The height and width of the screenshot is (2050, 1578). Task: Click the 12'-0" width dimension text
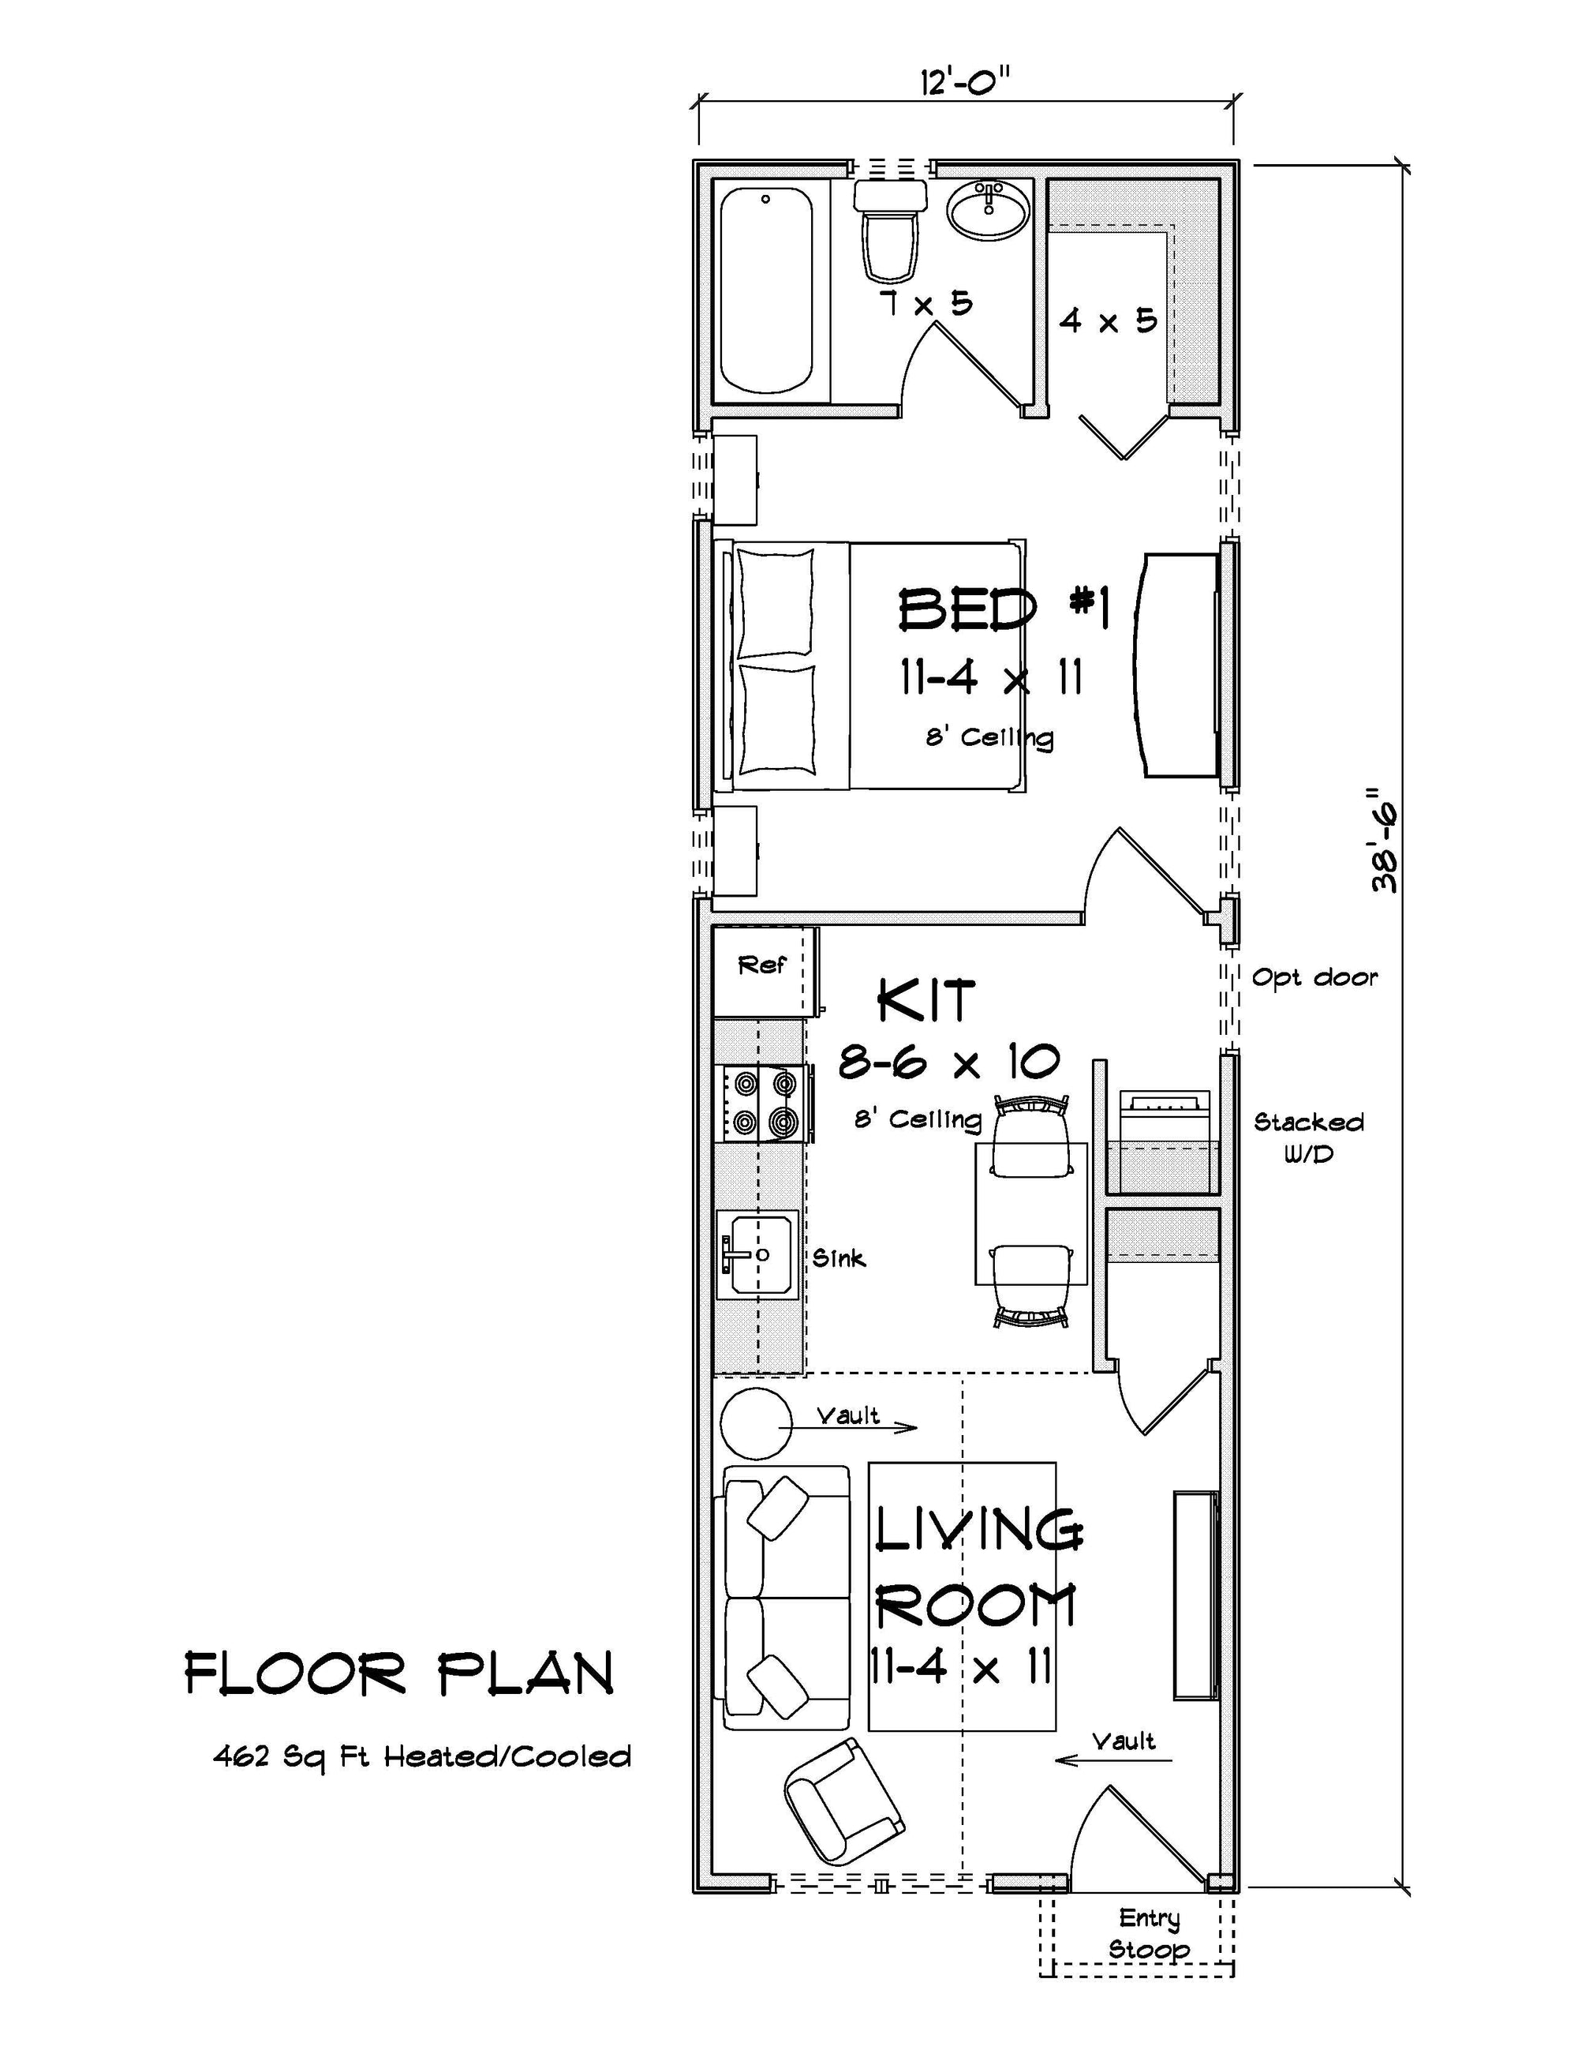(x=966, y=83)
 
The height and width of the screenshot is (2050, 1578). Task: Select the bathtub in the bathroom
(x=765, y=291)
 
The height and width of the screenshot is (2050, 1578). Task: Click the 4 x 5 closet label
(x=1107, y=321)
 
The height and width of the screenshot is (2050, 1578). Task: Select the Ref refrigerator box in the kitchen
(x=762, y=972)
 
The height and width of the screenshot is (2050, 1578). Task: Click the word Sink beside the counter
(x=838, y=1257)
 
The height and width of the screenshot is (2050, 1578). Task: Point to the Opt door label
(x=1314, y=978)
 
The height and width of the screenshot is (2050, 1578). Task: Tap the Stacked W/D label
(x=1308, y=1137)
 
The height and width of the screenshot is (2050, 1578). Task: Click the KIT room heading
(x=926, y=1001)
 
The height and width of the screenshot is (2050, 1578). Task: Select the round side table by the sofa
(x=755, y=1424)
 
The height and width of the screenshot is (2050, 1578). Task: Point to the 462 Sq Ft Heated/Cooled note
(x=422, y=1756)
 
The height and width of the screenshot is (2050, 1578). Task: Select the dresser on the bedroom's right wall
(x=1178, y=665)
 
